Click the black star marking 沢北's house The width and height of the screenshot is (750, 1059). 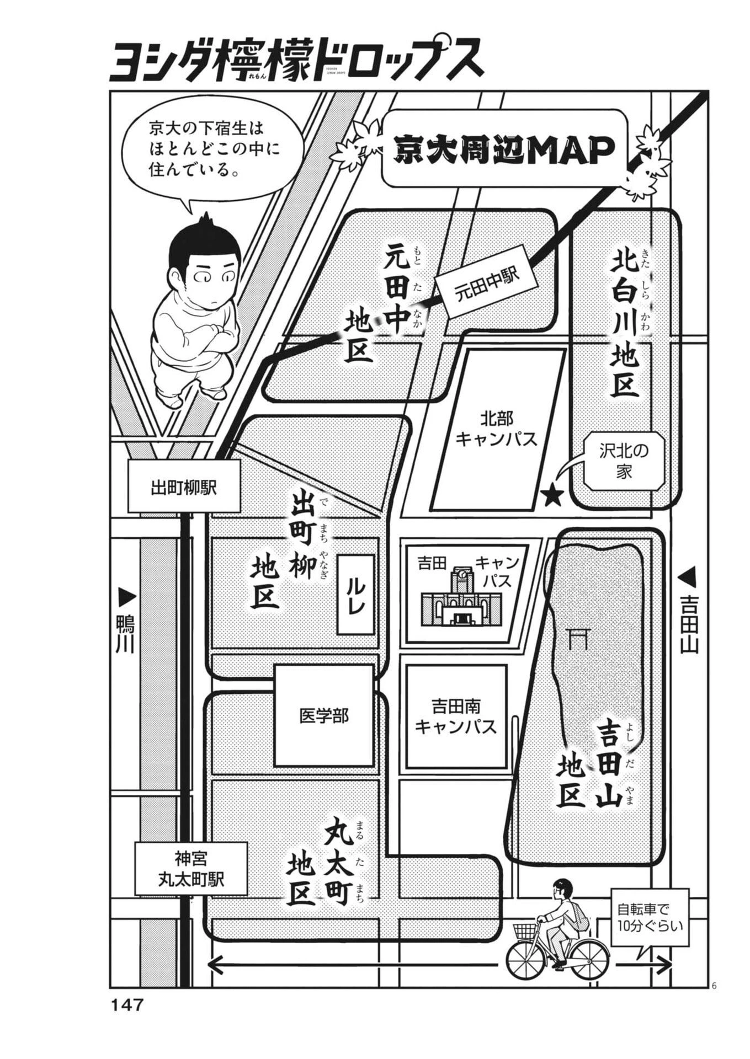pyautogui.click(x=551, y=496)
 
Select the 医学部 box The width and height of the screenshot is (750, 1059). pyautogui.click(x=323, y=716)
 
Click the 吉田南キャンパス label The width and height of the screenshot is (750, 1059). pyautogui.click(x=456, y=716)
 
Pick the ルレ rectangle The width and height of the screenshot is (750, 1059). pyautogui.click(x=356, y=594)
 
